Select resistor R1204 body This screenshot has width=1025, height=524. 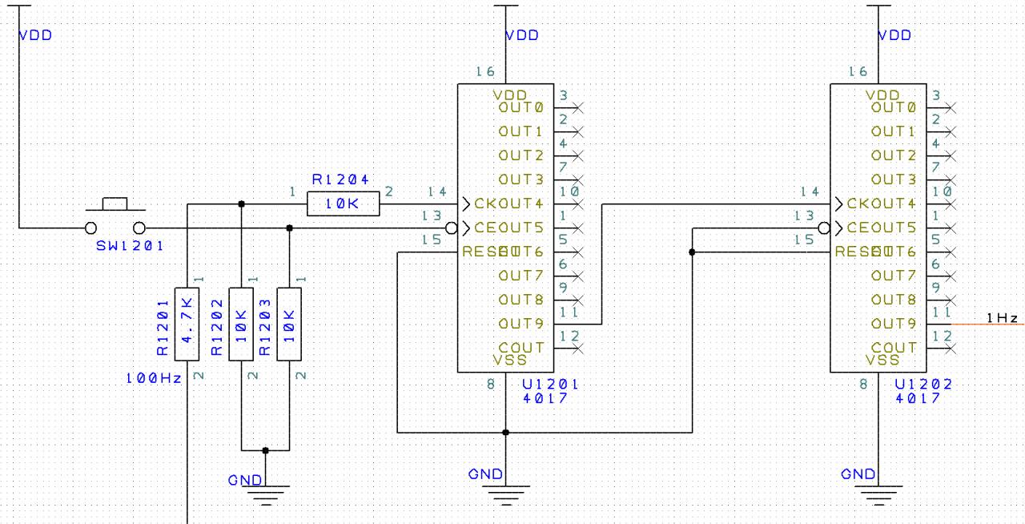343,204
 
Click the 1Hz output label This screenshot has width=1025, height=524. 1002,318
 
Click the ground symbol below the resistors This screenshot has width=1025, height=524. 266,490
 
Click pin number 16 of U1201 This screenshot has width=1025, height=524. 484,72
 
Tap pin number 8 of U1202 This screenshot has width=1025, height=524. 864,385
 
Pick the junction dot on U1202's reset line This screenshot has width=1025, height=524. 692,252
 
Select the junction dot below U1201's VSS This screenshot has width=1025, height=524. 505,433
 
